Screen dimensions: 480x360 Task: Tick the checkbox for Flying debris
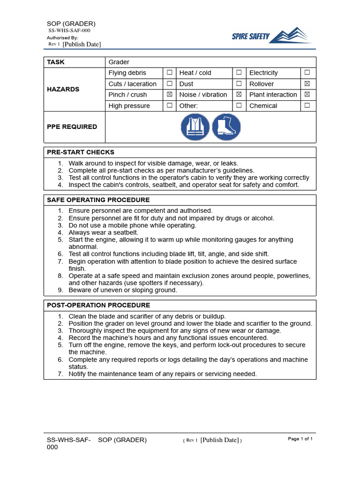(x=169, y=73)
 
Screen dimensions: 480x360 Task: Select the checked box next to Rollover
(x=307, y=83)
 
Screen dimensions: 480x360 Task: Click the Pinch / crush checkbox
(x=169, y=94)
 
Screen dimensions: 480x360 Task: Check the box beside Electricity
(x=307, y=73)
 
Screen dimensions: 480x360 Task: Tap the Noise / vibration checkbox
(x=239, y=94)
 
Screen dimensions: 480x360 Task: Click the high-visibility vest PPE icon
(x=195, y=127)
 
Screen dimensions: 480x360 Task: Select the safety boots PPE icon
(x=226, y=127)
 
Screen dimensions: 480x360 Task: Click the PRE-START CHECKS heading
(x=81, y=152)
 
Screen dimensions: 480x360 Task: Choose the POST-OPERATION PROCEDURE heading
(x=98, y=305)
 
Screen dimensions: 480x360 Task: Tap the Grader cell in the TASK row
(x=119, y=62)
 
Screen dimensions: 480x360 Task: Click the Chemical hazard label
(x=263, y=105)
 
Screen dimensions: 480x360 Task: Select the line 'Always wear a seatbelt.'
(x=104, y=232)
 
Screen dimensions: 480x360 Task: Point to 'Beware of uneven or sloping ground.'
(x=123, y=290)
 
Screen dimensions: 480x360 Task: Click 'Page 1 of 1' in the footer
(x=300, y=439)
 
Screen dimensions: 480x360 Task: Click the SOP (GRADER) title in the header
(x=71, y=24)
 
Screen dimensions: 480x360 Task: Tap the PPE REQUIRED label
(x=72, y=127)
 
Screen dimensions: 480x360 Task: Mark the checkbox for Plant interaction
(x=307, y=94)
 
